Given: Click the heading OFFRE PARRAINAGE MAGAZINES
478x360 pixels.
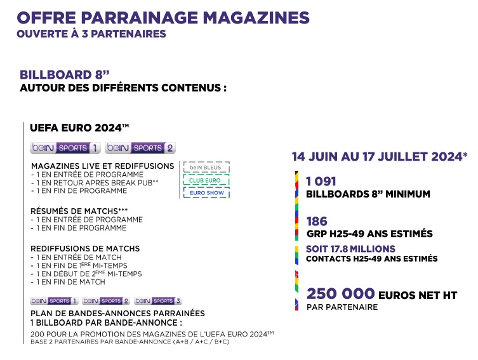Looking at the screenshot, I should tap(163, 17).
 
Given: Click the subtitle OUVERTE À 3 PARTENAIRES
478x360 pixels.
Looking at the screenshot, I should tap(91, 34).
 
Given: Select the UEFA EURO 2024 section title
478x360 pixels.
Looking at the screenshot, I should tap(79, 128).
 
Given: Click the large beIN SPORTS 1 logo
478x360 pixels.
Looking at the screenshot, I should tap(65, 148).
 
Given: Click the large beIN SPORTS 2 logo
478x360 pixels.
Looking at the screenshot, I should tap(140, 148).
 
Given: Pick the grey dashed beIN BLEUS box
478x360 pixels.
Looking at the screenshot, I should tap(206, 168).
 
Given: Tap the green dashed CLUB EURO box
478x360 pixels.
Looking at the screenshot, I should tap(206, 180).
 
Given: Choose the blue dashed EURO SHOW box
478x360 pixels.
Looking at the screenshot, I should tap(206, 192).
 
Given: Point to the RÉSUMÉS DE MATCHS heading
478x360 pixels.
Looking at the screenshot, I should tap(83, 211).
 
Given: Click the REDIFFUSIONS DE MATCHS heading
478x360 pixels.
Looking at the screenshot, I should tap(85, 248).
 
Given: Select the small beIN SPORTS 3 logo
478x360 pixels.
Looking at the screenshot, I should tap(158, 300).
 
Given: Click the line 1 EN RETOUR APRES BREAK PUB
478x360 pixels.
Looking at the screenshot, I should tap(95, 183).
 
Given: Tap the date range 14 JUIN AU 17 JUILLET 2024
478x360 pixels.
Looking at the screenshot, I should tap(380, 157).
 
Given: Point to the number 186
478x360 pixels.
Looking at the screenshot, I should tap(317, 222).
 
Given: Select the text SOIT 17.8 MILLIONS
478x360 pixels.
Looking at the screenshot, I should tap(350, 249).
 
